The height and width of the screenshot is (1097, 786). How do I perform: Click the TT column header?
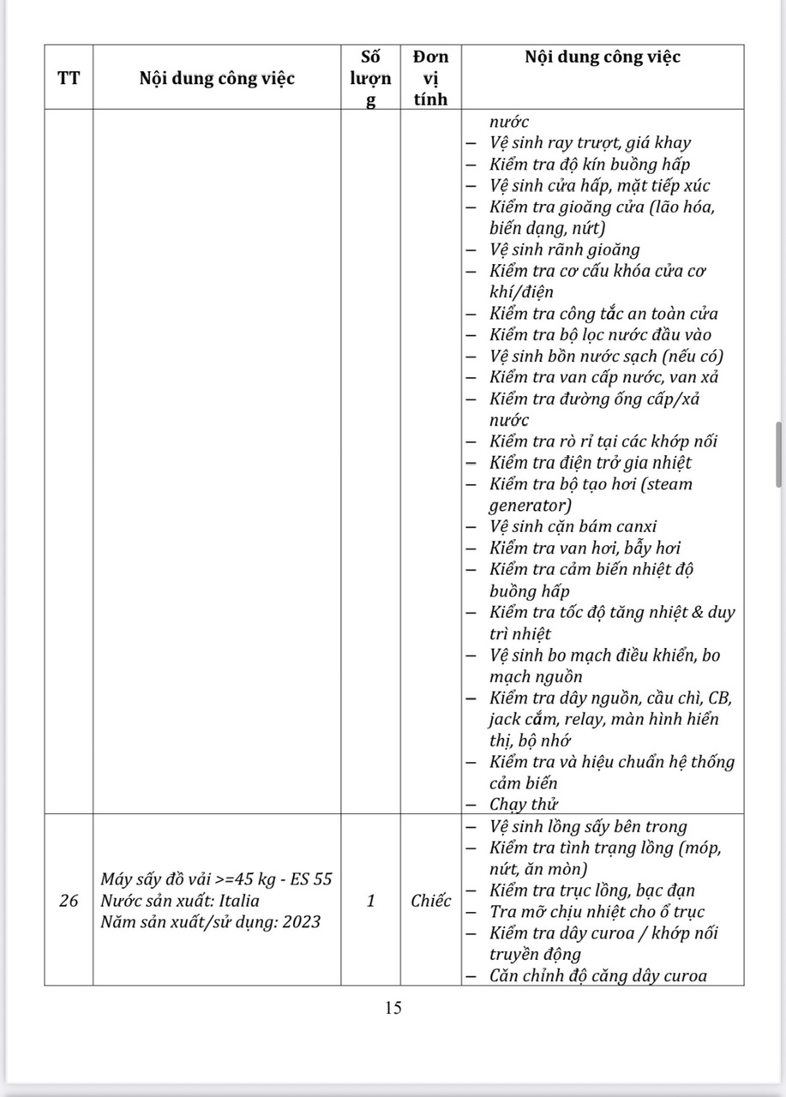pyautogui.click(x=69, y=79)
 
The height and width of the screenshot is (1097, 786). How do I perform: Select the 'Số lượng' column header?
pyautogui.click(x=370, y=79)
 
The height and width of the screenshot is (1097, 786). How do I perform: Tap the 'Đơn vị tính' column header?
pyautogui.click(x=430, y=79)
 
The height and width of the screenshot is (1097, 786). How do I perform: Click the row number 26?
pyautogui.click(x=69, y=901)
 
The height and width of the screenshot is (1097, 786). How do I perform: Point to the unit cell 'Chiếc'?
pyautogui.click(x=430, y=901)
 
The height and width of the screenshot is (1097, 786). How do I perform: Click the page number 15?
pyautogui.click(x=393, y=1008)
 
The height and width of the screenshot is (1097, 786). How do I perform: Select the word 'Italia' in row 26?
pyautogui.click(x=233, y=901)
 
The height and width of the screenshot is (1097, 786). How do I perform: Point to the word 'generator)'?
pyautogui.click(x=530, y=506)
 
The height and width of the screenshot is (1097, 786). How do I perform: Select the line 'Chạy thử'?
pyautogui.click(x=524, y=804)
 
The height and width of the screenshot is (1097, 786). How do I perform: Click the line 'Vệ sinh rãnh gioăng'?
pyautogui.click(x=565, y=249)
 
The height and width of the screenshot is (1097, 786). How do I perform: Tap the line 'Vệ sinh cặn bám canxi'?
pyautogui.click(x=573, y=527)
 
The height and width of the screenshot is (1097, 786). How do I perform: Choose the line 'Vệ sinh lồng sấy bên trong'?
pyautogui.click(x=588, y=826)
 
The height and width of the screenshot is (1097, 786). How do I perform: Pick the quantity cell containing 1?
pyautogui.click(x=370, y=901)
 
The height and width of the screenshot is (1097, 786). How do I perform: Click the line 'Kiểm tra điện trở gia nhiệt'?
pyautogui.click(x=591, y=463)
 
